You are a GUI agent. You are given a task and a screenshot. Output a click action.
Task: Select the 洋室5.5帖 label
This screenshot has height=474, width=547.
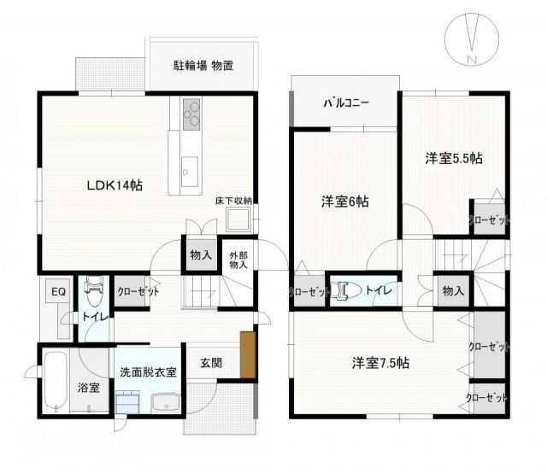454,158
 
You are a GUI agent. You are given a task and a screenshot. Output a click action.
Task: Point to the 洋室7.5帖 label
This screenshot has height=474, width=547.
380,362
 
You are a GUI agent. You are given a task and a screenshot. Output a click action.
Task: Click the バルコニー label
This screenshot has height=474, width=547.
345,102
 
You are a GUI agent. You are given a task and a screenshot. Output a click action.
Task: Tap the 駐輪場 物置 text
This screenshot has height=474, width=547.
203,65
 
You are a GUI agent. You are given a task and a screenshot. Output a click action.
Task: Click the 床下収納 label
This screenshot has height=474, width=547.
233,202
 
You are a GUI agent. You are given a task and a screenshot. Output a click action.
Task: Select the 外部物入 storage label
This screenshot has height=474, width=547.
238,259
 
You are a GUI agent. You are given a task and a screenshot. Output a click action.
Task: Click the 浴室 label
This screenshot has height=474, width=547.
88,387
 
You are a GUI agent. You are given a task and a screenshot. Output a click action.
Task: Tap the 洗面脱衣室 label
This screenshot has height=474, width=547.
148,372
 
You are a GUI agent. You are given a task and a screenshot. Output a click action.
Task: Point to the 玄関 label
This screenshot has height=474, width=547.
212,362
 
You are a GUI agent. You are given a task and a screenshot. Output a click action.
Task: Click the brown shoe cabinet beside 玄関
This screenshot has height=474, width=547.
248,354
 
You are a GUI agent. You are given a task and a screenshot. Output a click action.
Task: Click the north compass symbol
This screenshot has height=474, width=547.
472,37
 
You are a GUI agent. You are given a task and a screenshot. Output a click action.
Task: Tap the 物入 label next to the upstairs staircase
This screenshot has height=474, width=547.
453,291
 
